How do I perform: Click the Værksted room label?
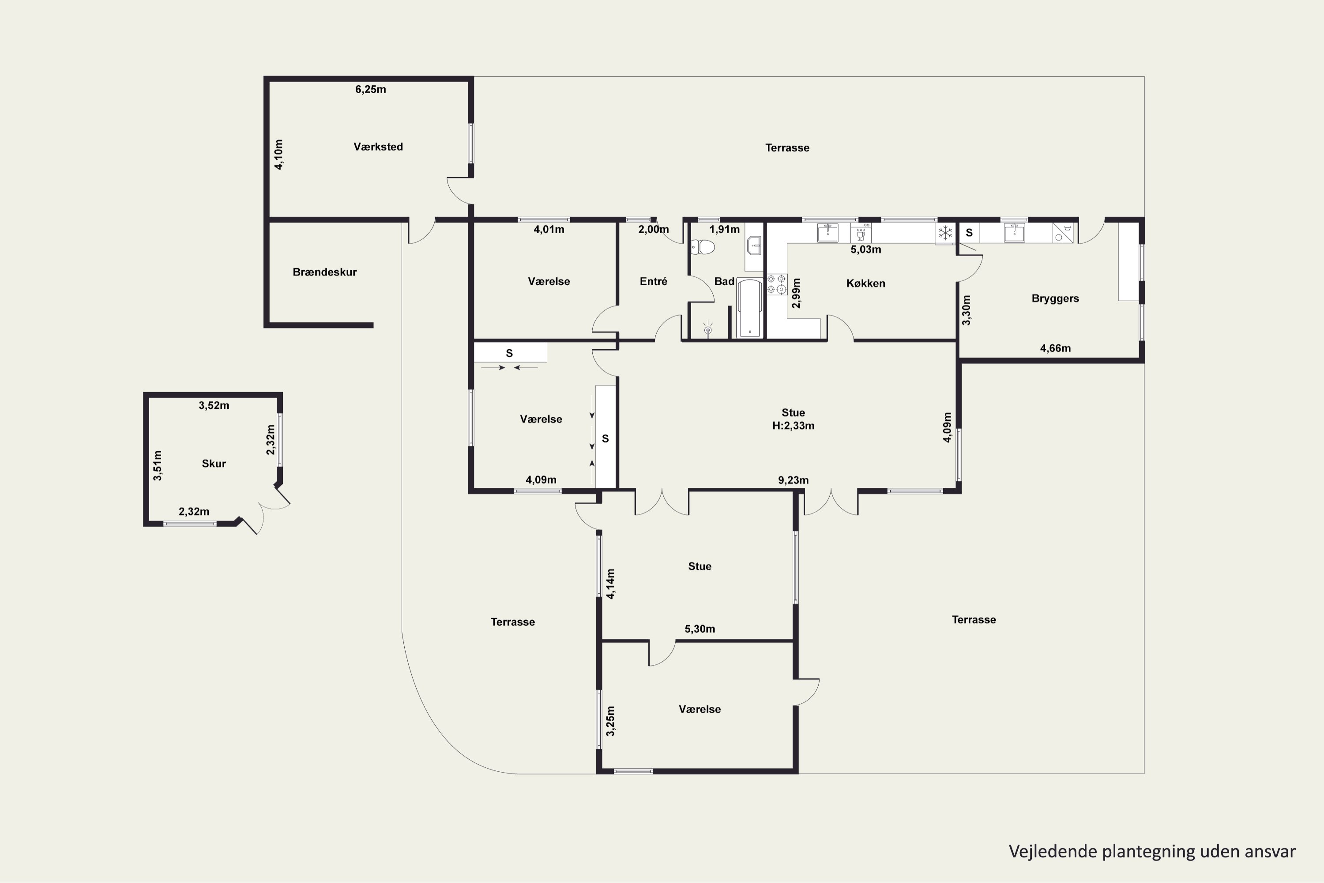coord(378,147)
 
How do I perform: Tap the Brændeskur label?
coord(324,272)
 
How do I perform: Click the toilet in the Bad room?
coord(703,247)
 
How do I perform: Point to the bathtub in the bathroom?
coord(750,308)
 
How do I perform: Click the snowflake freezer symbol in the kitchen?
coord(945,233)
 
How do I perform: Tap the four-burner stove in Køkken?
coord(776,284)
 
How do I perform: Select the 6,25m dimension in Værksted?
coord(370,90)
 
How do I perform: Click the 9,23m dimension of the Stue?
coord(793,480)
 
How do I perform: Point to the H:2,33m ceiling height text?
coord(793,426)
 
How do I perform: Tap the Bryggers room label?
coord(1055,298)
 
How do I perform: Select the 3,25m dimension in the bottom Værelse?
coord(611,721)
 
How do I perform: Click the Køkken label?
coord(866,283)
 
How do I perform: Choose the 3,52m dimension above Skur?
coord(214,405)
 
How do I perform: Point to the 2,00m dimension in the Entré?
coord(654,230)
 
